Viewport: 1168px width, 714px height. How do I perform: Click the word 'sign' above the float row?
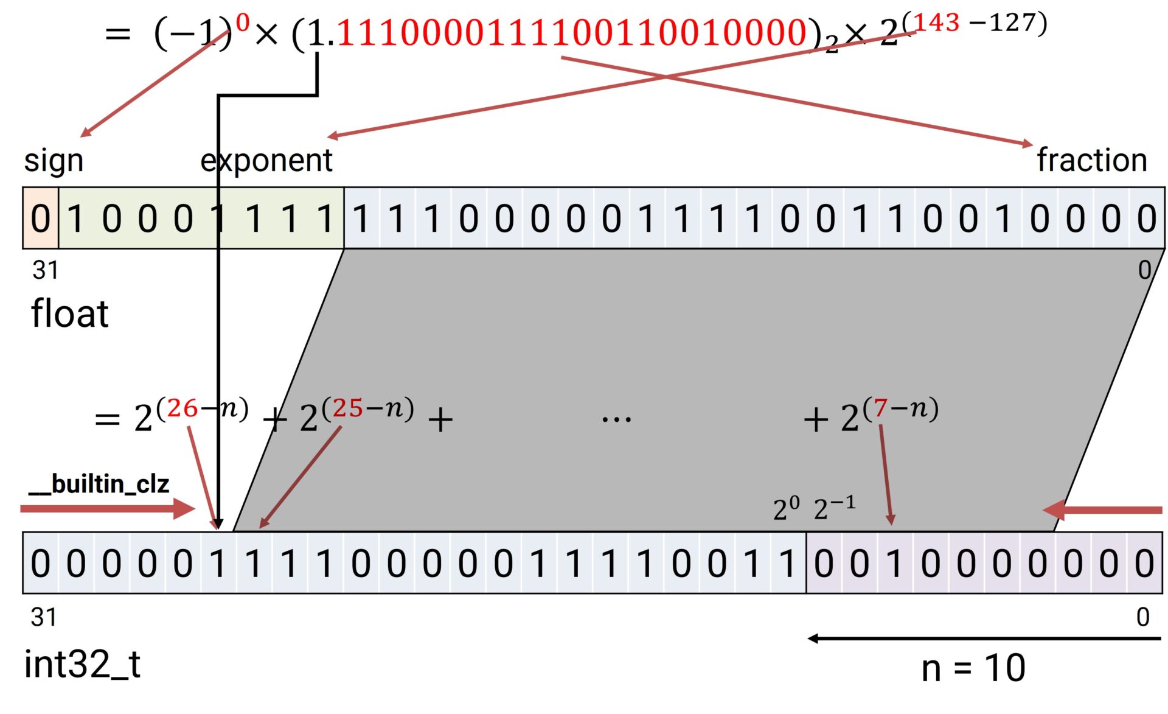coord(54,161)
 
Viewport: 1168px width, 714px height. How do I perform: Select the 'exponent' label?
coord(266,161)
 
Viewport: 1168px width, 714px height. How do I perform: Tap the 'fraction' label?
coord(1091,161)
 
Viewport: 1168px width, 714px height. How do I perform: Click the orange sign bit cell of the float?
coord(40,219)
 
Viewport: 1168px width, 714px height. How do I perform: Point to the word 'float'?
coord(69,314)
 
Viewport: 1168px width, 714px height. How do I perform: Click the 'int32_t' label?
coord(82,664)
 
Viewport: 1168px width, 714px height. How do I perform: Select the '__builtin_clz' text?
coord(99,485)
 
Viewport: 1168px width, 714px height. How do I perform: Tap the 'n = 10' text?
coord(973,668)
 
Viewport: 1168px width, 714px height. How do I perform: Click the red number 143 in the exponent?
coord(936,23)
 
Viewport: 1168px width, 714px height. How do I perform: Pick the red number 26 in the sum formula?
coord(182,408)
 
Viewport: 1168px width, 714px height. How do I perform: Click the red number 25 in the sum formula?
coord(348,408)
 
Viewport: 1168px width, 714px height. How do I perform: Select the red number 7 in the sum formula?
coord(880,408)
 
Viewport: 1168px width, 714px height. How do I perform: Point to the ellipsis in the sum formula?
coord(616,419)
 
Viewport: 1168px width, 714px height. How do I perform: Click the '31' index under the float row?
coord(45,270)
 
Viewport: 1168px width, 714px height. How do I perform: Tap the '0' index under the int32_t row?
coord(1142,618)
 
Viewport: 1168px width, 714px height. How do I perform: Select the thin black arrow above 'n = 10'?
coord(984,639)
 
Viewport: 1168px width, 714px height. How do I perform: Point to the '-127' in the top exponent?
coord(1007,23)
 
